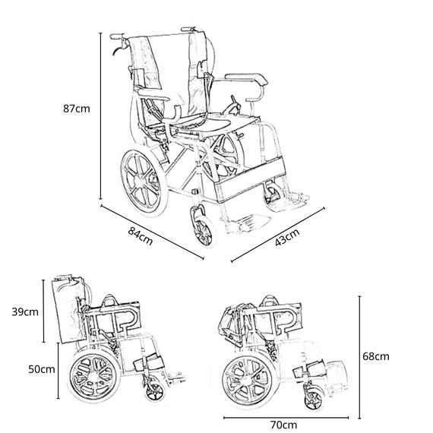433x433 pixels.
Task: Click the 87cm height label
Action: [77, 109]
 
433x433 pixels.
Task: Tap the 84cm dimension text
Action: [141, 236]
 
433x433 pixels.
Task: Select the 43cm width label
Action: [287, 237]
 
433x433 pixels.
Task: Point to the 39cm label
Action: [25, 311]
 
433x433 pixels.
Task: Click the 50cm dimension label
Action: [42, 369]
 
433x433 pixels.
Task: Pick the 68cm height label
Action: [376, 356]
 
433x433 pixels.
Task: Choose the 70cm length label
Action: [283, 425]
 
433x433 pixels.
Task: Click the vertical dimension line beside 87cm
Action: [101, 115]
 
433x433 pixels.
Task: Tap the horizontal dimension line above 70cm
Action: [286, 418]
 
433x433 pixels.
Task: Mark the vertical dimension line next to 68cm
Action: [359, 358]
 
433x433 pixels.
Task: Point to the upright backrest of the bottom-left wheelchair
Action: [68, 311]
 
